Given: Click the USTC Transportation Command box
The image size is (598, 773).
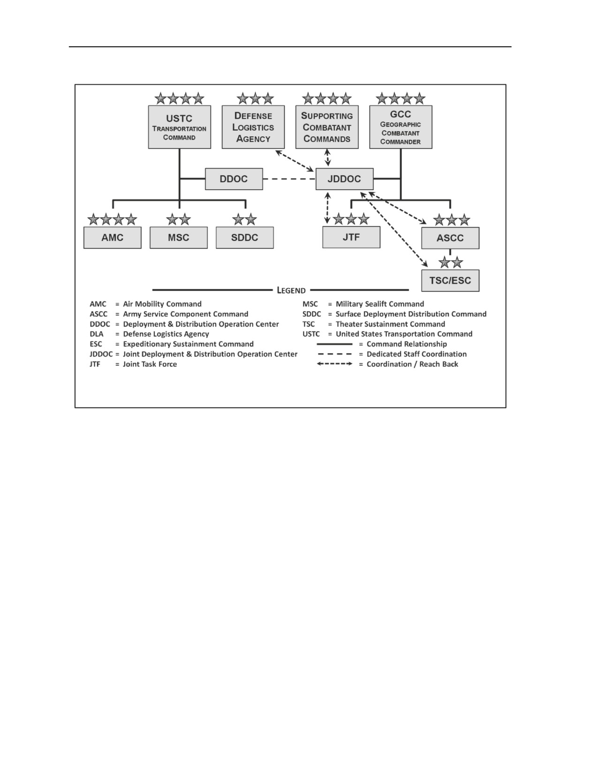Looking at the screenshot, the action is [x=180, y=127].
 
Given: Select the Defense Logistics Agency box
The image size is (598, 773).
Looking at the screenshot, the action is [x=253, y=127].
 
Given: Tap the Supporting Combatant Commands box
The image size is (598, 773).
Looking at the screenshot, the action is [x=327, y=127].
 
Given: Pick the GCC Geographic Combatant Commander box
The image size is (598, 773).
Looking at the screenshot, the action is [x=401, y=127].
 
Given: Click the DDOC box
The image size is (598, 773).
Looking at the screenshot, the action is [x=234, y=179].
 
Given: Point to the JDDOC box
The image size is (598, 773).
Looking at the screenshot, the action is [x=345, y=179].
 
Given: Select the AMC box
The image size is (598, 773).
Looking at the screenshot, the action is [x=113, y=238].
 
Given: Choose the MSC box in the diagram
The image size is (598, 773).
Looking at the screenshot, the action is [x=179, y=238].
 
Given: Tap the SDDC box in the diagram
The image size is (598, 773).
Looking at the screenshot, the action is [x=245, y=238].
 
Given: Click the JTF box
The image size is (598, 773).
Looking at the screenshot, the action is [x=352, y=237].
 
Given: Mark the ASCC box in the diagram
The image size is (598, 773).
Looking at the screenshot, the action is [x=451, y=238].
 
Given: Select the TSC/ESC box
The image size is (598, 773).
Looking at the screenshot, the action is [x=451, y=281].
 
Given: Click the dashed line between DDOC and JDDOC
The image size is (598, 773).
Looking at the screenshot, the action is [x=289, y=179].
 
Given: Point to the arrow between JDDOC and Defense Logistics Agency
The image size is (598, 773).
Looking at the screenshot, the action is [x=295, y=160].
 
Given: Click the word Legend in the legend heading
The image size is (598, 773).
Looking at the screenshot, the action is [x=291, y=290].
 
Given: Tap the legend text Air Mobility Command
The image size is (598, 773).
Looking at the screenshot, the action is [x=162, y=304].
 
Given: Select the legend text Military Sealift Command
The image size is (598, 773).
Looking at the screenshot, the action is [x=380, y=304].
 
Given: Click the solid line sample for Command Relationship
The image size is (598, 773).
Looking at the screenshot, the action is [x=334, y=344].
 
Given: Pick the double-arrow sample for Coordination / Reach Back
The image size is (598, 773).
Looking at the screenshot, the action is [x=334, y=364].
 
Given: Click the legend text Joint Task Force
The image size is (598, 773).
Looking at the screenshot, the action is [x=150, y=364].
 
